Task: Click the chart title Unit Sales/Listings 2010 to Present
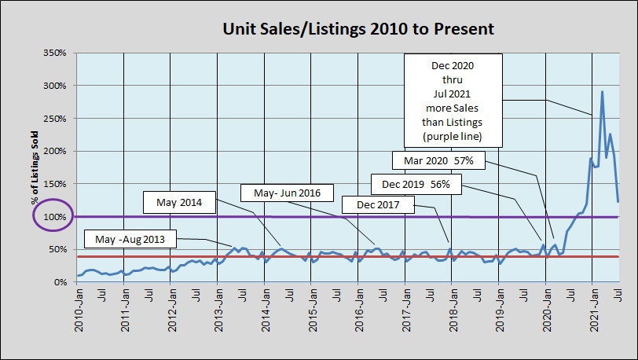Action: (x=357, y=29)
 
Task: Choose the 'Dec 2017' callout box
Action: (x=377, y=205)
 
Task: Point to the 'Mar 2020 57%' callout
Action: (x=438, y=160)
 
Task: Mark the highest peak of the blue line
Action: (x=602, y=91)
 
